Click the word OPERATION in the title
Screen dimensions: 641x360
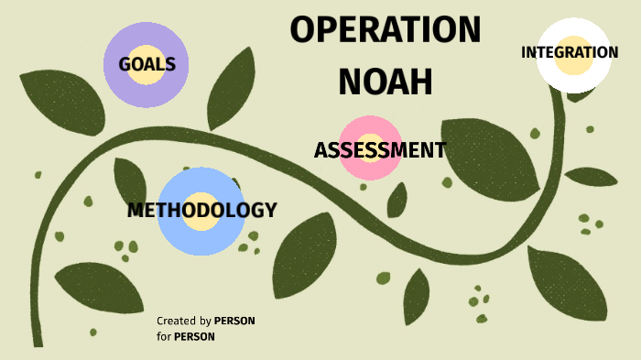pyautogui.click(x=386, y=30)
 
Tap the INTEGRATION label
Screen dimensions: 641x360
pyautogui.click(x=570, y=52)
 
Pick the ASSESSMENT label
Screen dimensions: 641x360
pyautogui.click(x=379, y=150)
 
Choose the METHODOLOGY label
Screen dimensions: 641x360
pyautogui.click(x=201, y=210)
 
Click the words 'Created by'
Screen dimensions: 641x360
pyautogui.click(x=183, y=321)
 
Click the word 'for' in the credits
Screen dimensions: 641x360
pyautogui.click(x=163, y=336)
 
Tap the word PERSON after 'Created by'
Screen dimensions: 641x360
pyautogui.click(x=234, y=321)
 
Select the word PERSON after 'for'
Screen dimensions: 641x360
pyautogui.click(x=194, y=336)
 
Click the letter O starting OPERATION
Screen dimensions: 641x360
pyautogui.click(x=303, y=30)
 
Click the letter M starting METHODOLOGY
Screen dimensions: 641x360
pyautogui.click(x=136, y=210)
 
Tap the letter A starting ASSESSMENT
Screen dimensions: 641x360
pyautogui.click(x=320, y=150)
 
